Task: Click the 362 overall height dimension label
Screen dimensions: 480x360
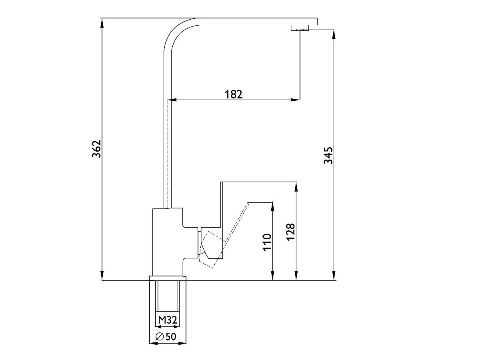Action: click(x=96, y=149)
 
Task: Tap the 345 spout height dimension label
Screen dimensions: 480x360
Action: click(x=328, y=156)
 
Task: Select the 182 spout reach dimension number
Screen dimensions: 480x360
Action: click(x=234, y=94)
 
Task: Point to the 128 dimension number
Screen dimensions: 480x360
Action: click(x=291, y=232)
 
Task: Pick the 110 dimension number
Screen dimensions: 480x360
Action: click(x=267, y=242)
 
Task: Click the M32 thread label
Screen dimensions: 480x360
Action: click(x=168, y=320)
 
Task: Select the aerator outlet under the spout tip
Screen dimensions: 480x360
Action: click(x=300, y=28)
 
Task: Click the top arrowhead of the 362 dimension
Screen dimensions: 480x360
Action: click(x=102, y=23)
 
